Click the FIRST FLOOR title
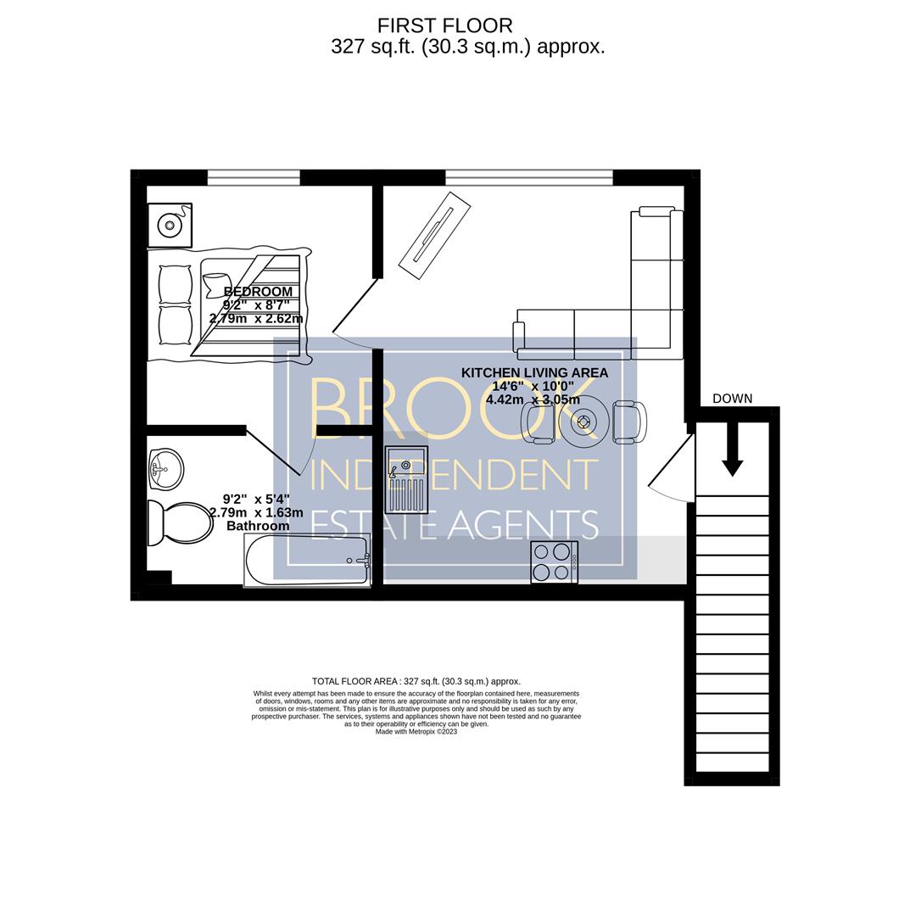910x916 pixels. [444, 25]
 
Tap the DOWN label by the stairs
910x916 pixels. [733, 399]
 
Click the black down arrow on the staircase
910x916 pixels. [733, 449]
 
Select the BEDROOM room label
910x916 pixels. [258, 292]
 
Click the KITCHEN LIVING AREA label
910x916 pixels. [534, 372]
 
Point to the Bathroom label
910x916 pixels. [258, 526]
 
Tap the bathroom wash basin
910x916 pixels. [166, 469]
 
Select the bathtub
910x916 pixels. [307, 561]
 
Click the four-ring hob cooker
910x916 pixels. [555, 562]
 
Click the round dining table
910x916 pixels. [583, 422]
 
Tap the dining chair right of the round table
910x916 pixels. [629, 422]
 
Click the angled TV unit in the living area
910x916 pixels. [434, 236]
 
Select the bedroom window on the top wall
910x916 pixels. [254, 177]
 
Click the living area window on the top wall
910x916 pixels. [529, 177]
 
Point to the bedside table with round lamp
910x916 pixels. [170, 225]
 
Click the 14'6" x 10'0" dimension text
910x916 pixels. [533, 386]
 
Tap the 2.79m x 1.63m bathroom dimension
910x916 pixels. [256, 513]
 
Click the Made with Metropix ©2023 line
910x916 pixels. [416, 731]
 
